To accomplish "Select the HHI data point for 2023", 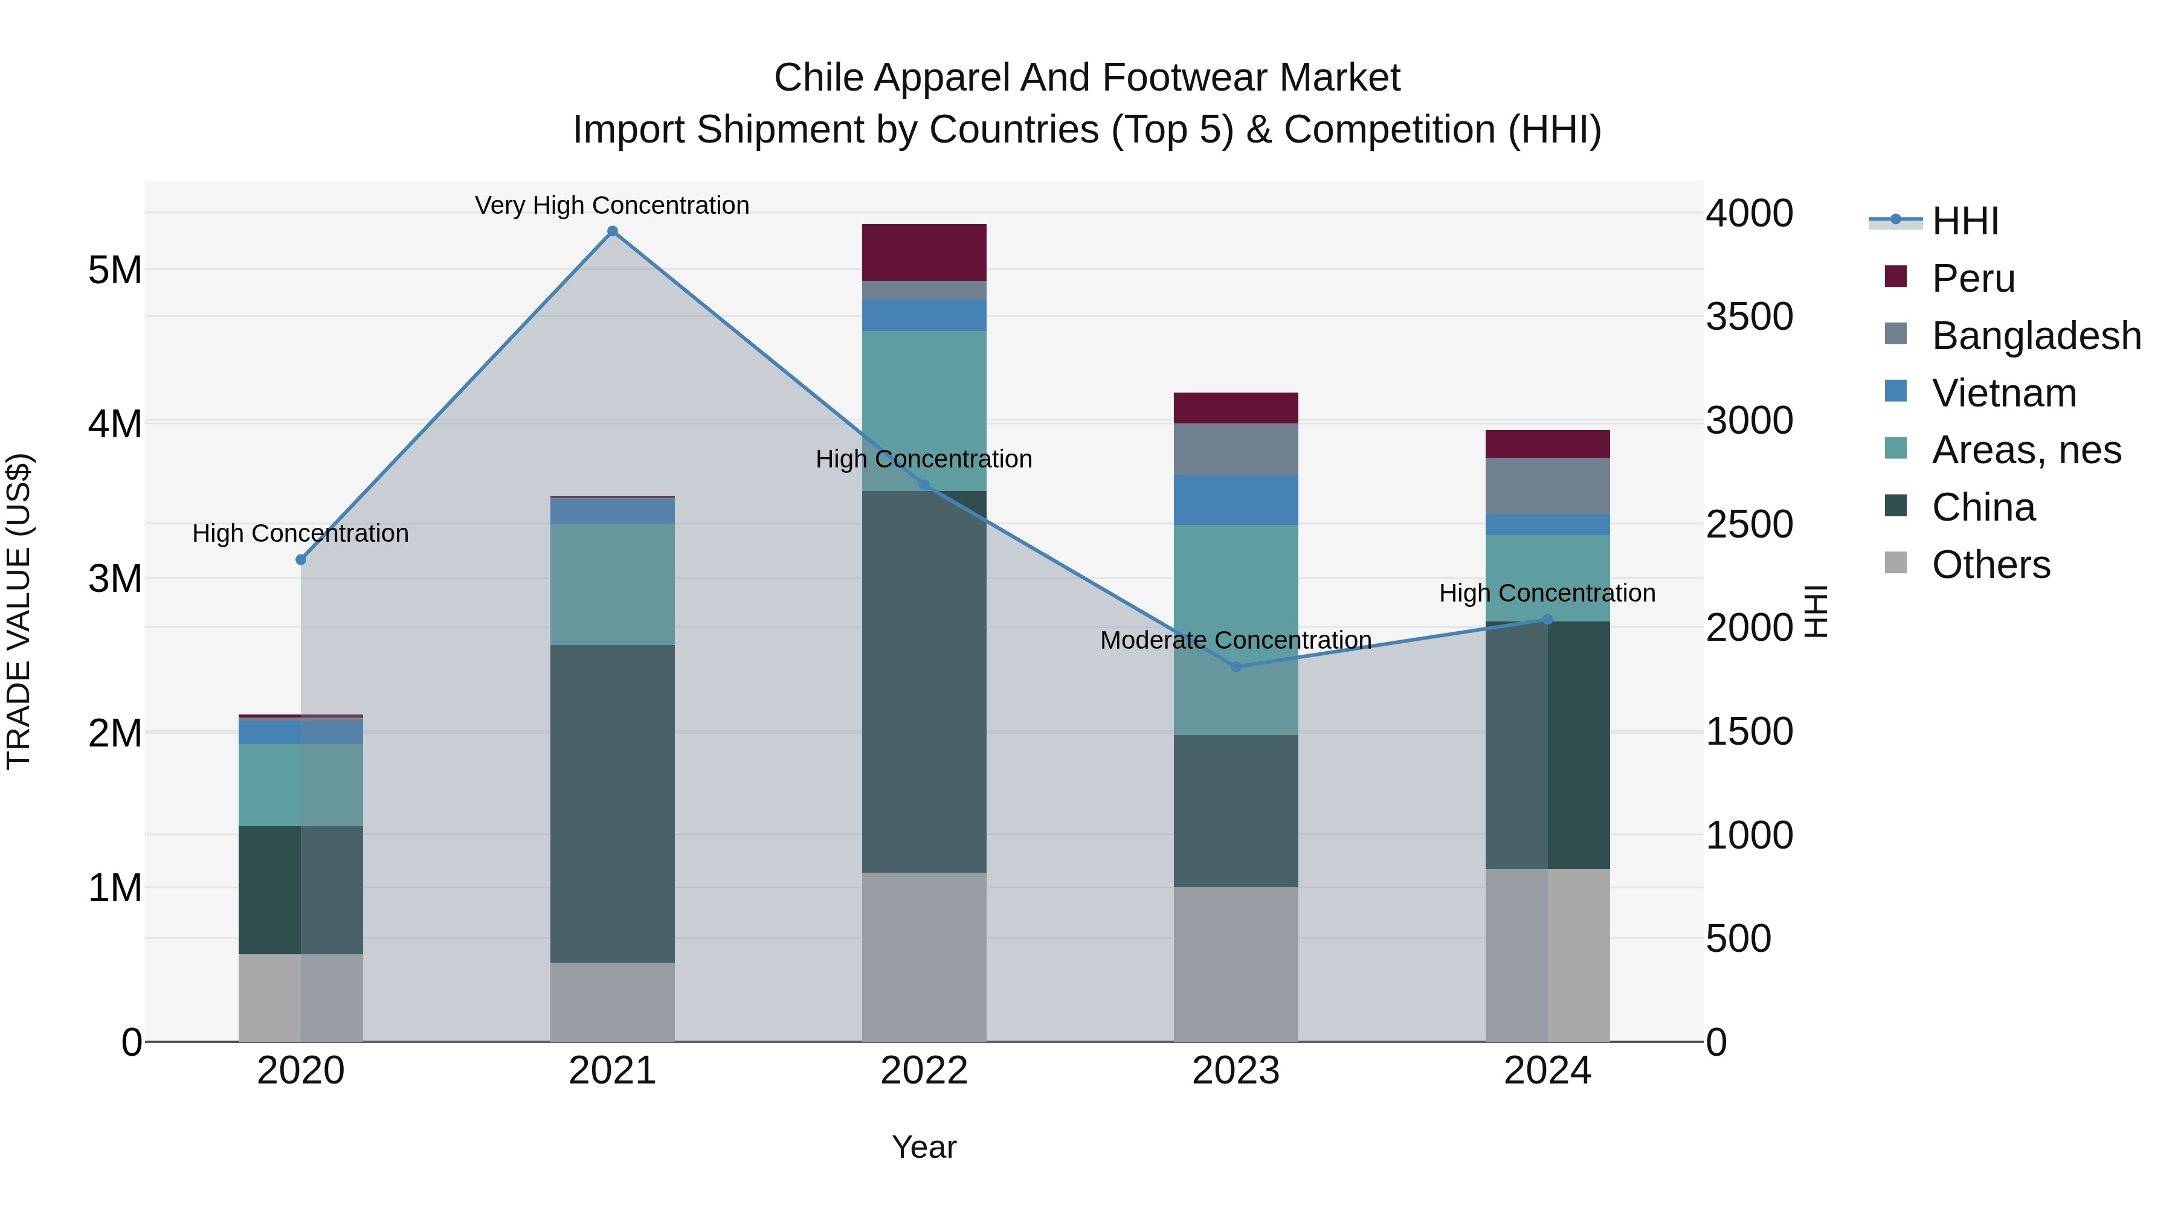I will [x=1236, y=667].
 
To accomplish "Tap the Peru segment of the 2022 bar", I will [x=924, y=252].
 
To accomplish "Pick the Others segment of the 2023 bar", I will [x=1236, y=964].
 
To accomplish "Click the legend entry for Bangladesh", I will [x=2035, y=336].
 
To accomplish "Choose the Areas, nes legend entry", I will [x=2026, y=450].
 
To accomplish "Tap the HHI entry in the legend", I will [x=1965, y=221].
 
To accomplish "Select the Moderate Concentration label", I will [x=1236, y=641].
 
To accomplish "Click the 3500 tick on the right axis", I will [x=1748, y=317].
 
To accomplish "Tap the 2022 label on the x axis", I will [x=924, y=1071].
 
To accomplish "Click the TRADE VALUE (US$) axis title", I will [x=19, y=611].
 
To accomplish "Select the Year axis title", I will [x=924, y=1147].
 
